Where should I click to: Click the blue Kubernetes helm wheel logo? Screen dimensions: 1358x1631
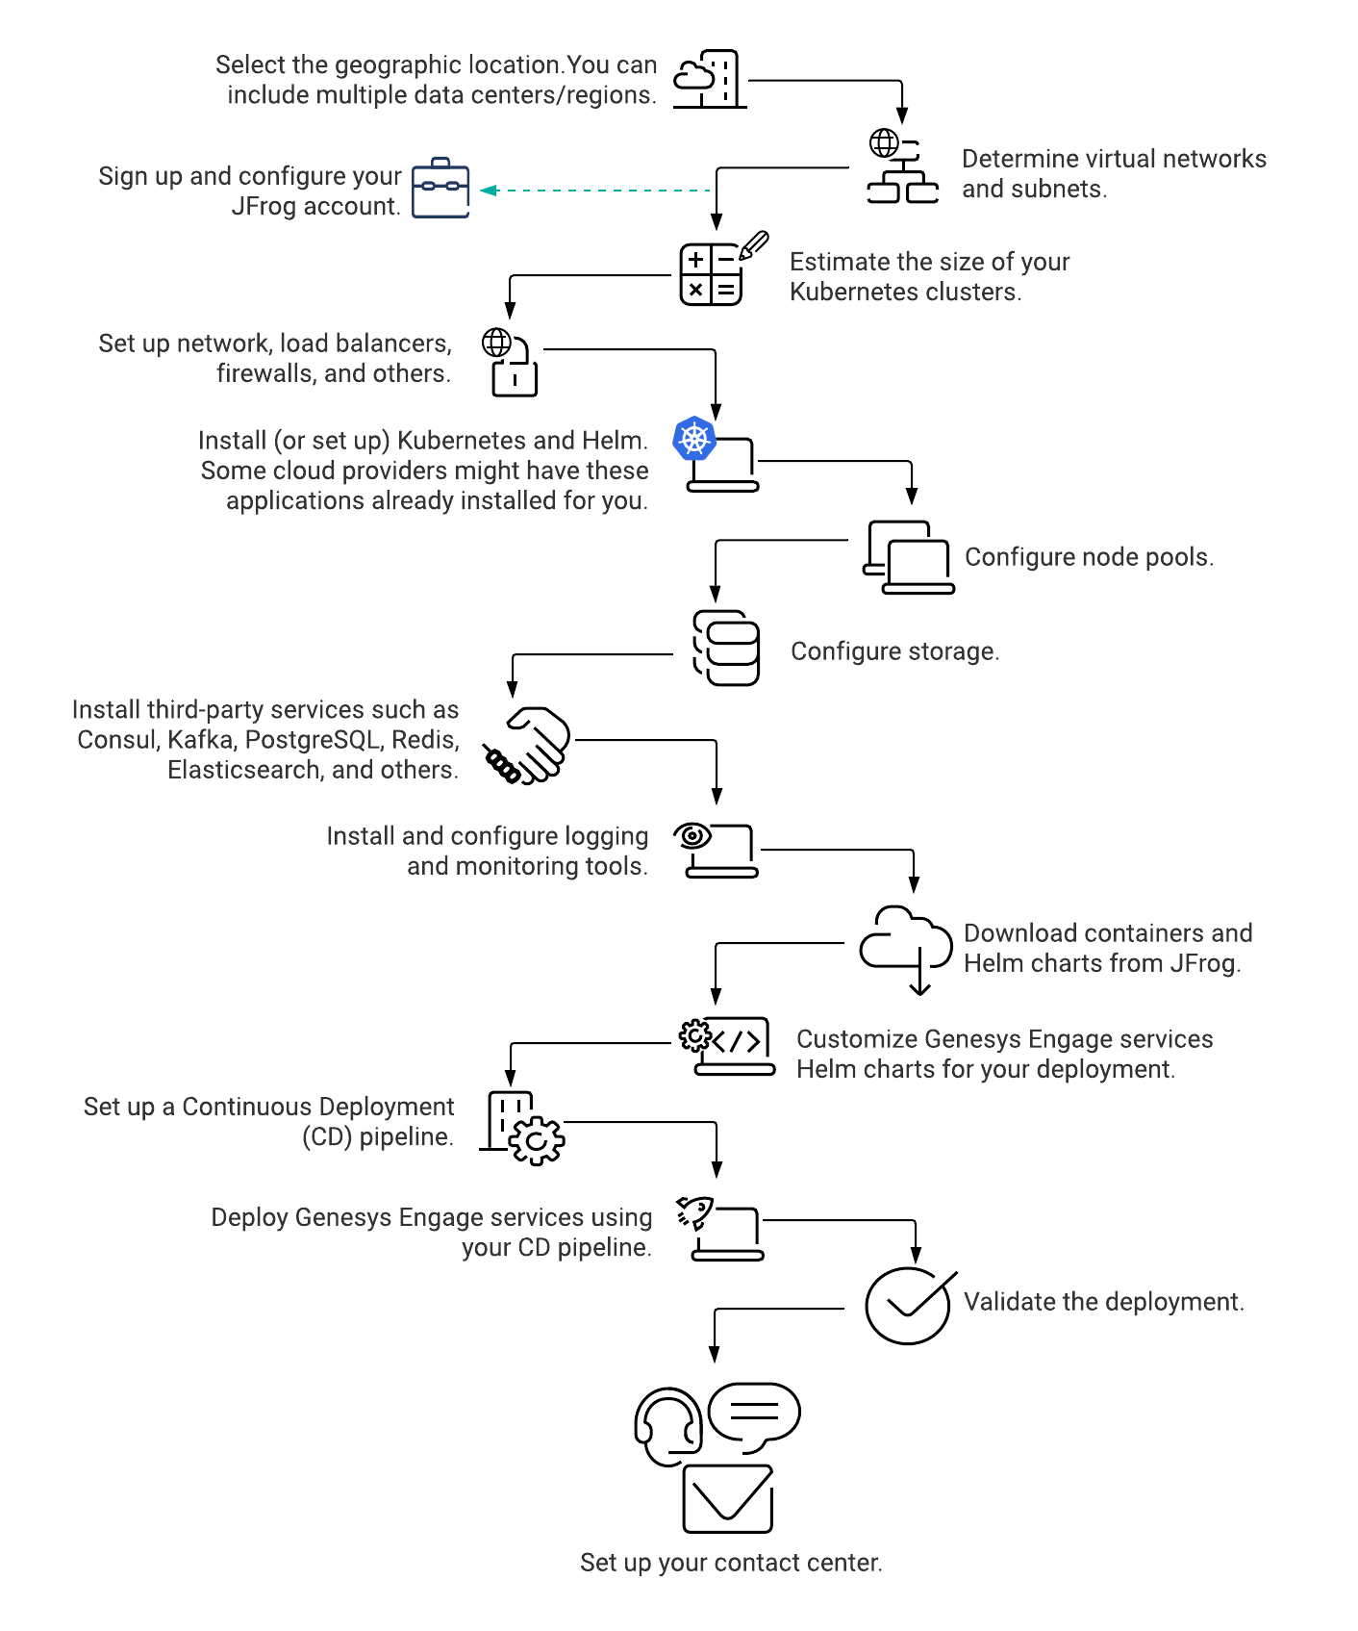[694, 439]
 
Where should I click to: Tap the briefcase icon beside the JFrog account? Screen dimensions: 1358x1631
[440, 188]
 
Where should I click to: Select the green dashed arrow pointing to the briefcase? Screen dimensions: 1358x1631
[595, 191]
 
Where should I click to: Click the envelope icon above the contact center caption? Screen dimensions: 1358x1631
[728, 1499]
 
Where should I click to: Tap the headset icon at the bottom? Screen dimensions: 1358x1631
[667, 1426]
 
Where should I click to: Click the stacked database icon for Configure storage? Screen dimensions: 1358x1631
[726, 648]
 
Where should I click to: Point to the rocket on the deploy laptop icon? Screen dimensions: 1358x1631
[694, 1212]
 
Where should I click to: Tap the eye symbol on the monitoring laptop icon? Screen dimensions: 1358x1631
[692, 836]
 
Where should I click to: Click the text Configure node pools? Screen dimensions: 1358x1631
[1089, 557]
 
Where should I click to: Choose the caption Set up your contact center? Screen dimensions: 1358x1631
[731, 1563]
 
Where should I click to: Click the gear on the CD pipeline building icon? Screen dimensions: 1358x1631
[537, 1141]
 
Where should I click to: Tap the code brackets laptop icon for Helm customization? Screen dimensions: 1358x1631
[728, 1046]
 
